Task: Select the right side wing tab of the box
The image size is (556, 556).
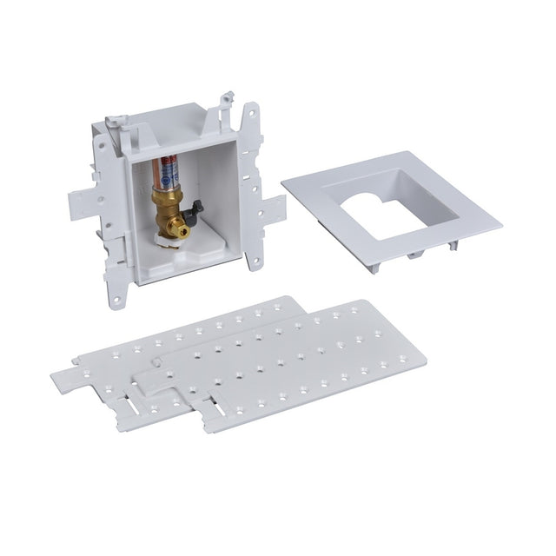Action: (x=273, y=209)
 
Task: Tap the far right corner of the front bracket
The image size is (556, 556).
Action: (x=425, y=355)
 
